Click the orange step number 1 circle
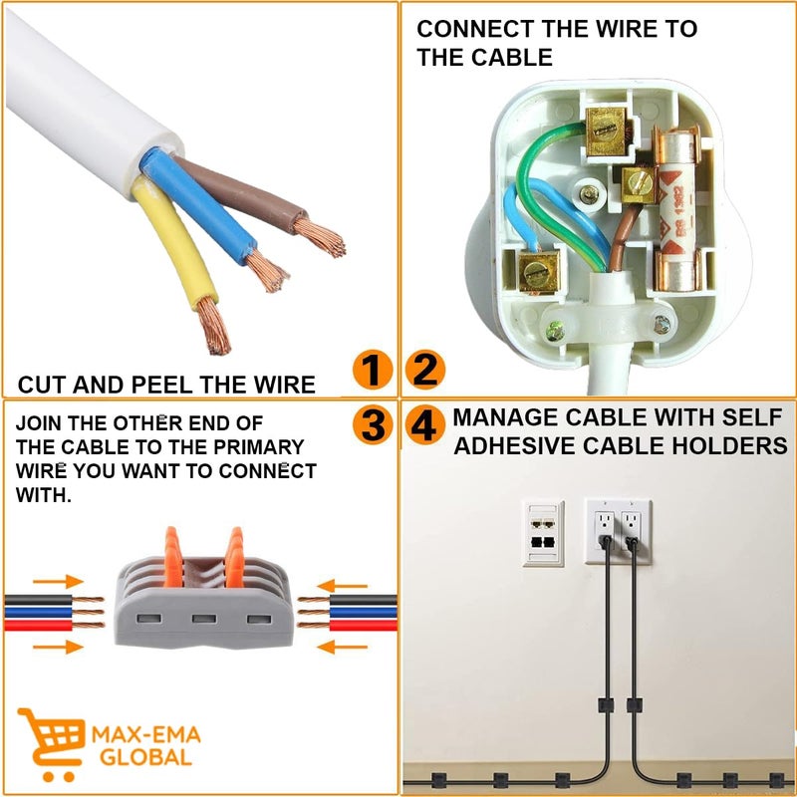pyautogui.click(x=371, y=372)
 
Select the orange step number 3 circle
pyautogui.click(x=371, y=426)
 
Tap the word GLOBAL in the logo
pyautogui.click(x=145, y=757)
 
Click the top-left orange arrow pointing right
pyautogui.click(x=62, y=581)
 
